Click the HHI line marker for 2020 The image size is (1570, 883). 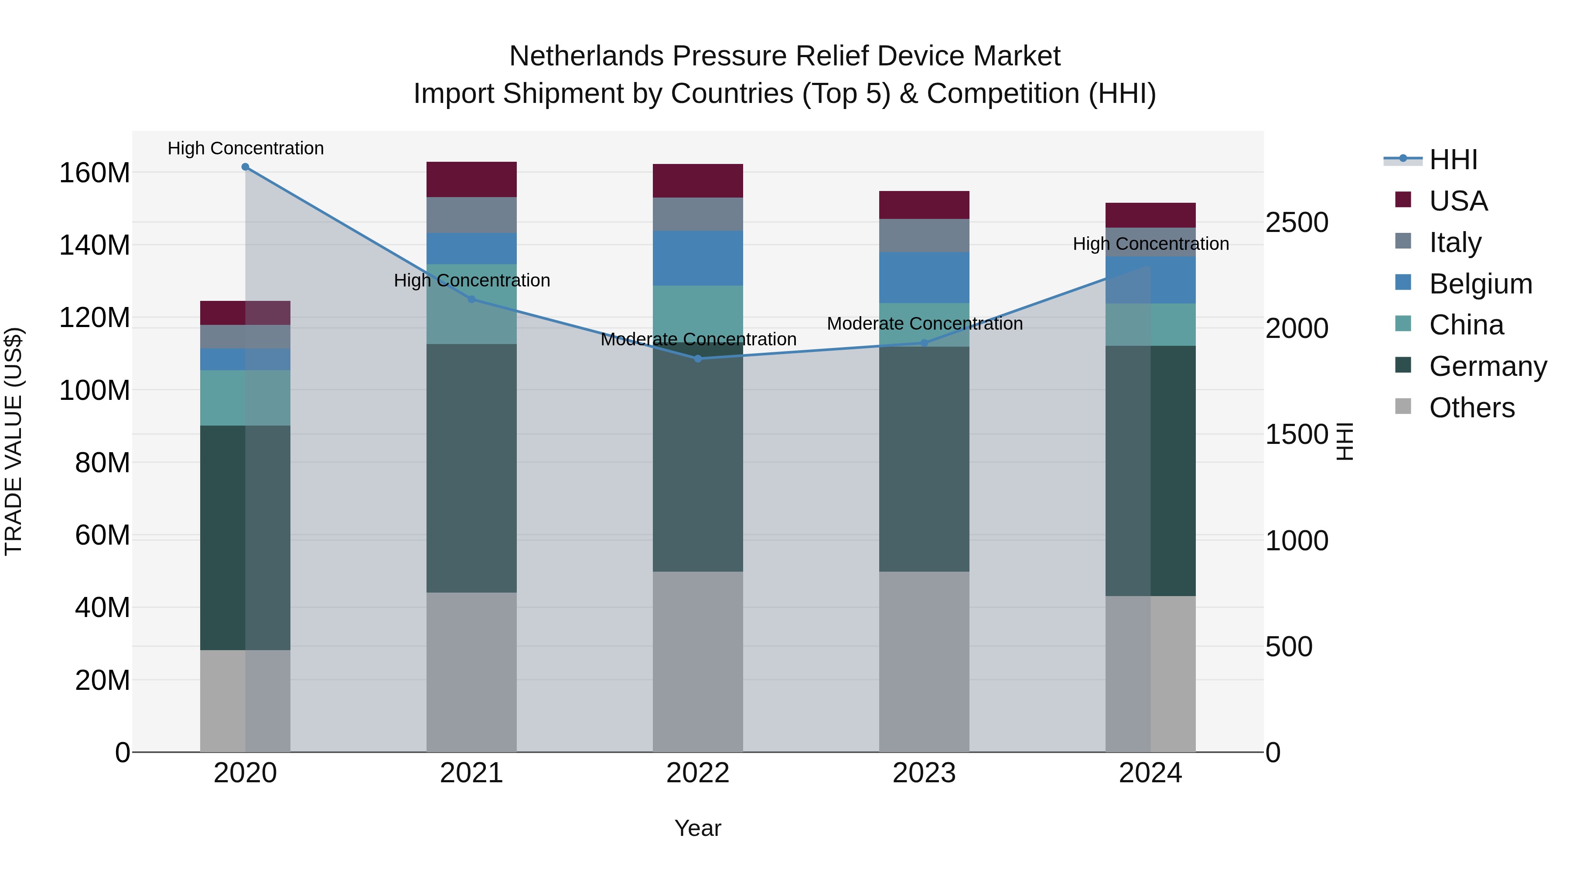tap(245, 167)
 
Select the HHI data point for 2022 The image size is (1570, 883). tap(698, 358)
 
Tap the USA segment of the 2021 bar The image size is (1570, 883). tap(471, 179)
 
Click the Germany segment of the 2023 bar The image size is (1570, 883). tap(924, 458)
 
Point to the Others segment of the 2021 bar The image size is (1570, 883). tap(471, 672)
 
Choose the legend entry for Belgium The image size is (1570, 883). tap(1481, 284)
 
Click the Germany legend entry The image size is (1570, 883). tap(1488, 366)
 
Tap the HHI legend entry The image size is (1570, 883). tap(1453, 160)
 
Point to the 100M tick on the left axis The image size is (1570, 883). tap(95, 390)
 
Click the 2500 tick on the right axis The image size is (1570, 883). tap(1297, 222)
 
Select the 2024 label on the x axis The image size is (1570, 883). tap(1150, 773)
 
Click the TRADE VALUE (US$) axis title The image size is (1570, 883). tap(14, 441)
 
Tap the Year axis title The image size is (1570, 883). tap(698, 828)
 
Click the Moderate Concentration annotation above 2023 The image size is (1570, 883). tap(924, 324)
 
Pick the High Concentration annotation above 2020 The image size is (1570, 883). tap(245, 148)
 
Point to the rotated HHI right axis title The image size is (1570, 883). tap(1344, 441)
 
